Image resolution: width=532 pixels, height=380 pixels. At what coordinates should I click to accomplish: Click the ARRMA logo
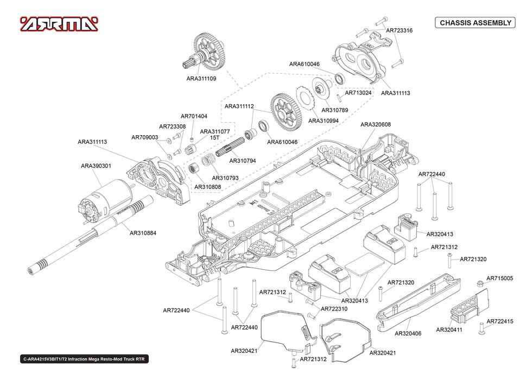click(x=59, y=24)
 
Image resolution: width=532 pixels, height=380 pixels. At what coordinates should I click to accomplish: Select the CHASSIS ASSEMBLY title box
click(x=475, y=23)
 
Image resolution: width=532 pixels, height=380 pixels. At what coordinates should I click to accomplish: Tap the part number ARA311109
click(x=201, y=79)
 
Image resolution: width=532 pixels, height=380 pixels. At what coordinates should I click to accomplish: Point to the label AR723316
click(x=399, y=30)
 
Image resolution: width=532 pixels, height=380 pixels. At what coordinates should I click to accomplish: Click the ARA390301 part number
click(x=96, y=166)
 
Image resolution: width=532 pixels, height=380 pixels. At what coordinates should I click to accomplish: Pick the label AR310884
click(x=143, y=233)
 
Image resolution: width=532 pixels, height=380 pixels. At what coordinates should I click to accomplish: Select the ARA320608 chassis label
click(x=376, y=125)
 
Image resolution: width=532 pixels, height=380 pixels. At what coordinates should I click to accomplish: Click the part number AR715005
click(x=499, y=278)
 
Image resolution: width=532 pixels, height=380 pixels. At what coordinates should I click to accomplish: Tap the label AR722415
click(x=500, y=321)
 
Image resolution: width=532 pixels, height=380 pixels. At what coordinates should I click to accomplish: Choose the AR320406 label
click(x=408, y=333)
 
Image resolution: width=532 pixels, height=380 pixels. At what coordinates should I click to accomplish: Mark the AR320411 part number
click(x=450, y=330)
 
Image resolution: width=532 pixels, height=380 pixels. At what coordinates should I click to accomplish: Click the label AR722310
click(x=334, y=308)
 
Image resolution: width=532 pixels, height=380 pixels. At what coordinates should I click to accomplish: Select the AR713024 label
click(x=358, y=92)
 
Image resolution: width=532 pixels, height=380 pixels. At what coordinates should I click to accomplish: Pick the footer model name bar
click(x=84, y=359)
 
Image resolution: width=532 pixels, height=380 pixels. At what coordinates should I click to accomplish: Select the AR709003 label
click(x=144, y=138)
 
